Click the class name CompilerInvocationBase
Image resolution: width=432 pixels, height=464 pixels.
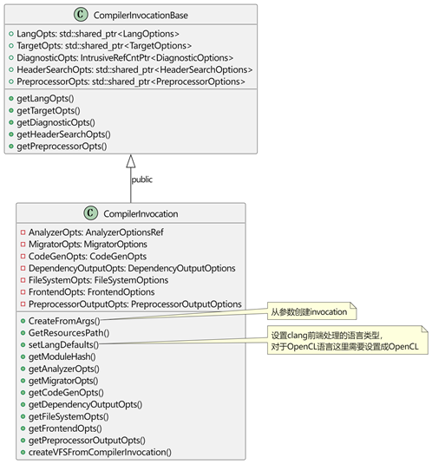pyautogui.click(x=141, y=15)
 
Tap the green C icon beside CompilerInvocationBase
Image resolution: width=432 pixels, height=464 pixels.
pyautogui.click(x=81, y=14)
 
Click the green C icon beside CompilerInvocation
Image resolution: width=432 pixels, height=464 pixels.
pyautogui.click(x=90, y=212)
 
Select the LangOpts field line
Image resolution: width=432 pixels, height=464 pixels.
pyautogui.click(x=98, y=34)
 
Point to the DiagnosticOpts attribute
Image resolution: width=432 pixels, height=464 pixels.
pyautogui.click(x=125, y=58)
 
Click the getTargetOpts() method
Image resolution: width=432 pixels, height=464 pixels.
pyautogui.click(x=49, y=110)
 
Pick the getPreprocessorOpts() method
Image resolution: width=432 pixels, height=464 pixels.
pyautogui.click(x=62, y=147)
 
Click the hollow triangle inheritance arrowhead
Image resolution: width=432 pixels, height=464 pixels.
pyautogui.click(x=131, y=161)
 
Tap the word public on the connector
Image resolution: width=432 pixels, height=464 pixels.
pyautogui.click(x=142, y=180)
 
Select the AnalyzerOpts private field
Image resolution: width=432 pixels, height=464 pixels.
pyautogui.click(x=96, y=232)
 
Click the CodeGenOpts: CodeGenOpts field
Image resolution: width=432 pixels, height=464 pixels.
pyautogui.click(x=88, y=256)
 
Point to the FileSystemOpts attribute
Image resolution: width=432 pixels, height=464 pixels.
pyautogui.click(x=98, y=280)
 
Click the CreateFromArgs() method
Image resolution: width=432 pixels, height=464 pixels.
pyautogui.click(x=64, y=321)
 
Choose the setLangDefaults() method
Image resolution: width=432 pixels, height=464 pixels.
pyautogui.click(x=63, y=344)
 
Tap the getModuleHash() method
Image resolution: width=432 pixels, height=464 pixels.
pyautogui.click(x=62, y=356)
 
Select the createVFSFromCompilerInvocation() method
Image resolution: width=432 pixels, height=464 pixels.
pyautogui.click(x=100, y=452)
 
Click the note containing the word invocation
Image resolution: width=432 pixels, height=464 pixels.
pyautogui.click(x=312, y=311)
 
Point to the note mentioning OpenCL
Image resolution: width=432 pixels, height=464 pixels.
pyautogui.click(x=348, y=340)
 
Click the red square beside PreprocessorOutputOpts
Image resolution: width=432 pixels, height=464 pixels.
pyautogui.click(x=23, y=304)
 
